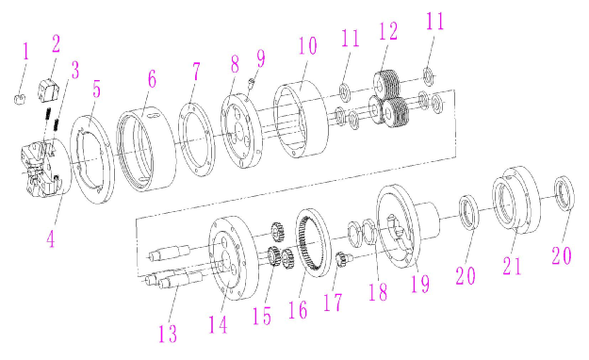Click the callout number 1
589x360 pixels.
(x=25, y=52)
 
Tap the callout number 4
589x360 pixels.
(x=51, y=238)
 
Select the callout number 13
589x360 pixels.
(x=168, y=333)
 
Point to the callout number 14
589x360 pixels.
(x=219, y=324)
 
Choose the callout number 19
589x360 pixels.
(x=420, y=284)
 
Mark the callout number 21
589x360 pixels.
(x=513, y=266)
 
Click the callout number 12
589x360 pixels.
(x=388, y=31)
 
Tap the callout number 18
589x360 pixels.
(x=378, y=291)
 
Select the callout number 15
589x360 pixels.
(x=262, y=316)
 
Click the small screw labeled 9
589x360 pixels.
(x=252, y=83)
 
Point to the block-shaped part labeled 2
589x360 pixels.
(x=50, y=90)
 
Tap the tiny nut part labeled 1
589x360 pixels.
(x=20, y=100)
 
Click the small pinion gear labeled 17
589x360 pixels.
(x=342, y=259)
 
